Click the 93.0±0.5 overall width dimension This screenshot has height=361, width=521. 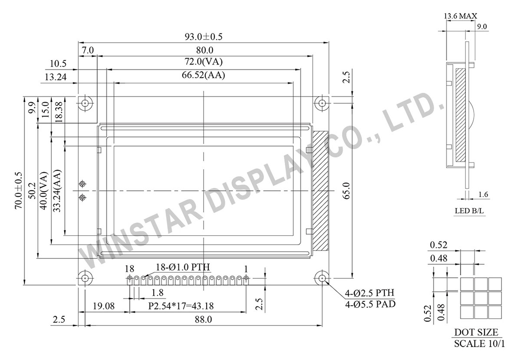coord(203,37)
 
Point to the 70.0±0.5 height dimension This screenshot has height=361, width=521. coord(19,190)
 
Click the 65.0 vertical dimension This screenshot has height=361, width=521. coord(346,190)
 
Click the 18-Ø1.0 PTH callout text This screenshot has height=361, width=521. coord(183,267)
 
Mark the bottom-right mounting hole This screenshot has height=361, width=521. coord(322,278)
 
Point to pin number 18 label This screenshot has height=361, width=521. coord(130,267)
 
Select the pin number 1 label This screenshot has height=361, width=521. coord(246,267)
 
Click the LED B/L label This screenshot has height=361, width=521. coord(465,211)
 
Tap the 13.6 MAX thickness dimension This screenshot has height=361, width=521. coord(460,16)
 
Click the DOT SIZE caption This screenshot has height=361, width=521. coord(476,332)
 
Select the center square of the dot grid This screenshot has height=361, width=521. coord(481,298)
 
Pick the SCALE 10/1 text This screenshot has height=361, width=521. coord(479,344)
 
